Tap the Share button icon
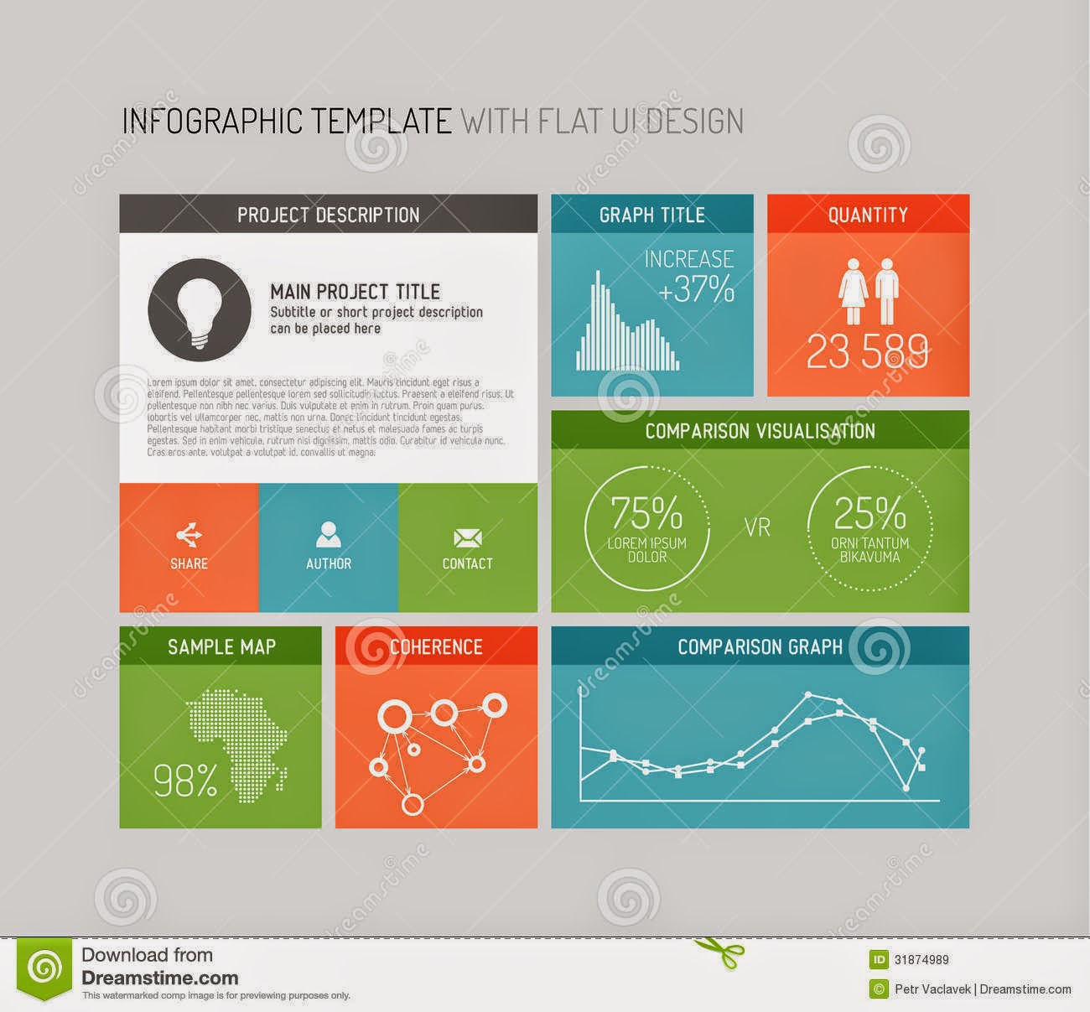189,535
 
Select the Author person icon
328,535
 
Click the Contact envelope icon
467,537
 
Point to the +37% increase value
696,289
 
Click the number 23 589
868,352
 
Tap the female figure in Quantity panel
853,290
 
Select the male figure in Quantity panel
886,290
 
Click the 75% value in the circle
646,511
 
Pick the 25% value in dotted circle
869,511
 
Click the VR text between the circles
757,529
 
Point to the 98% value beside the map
185,781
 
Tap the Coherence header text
436,646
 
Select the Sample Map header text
221,646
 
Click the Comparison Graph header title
760,646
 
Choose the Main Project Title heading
355,292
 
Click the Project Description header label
328,215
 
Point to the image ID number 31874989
921,959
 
